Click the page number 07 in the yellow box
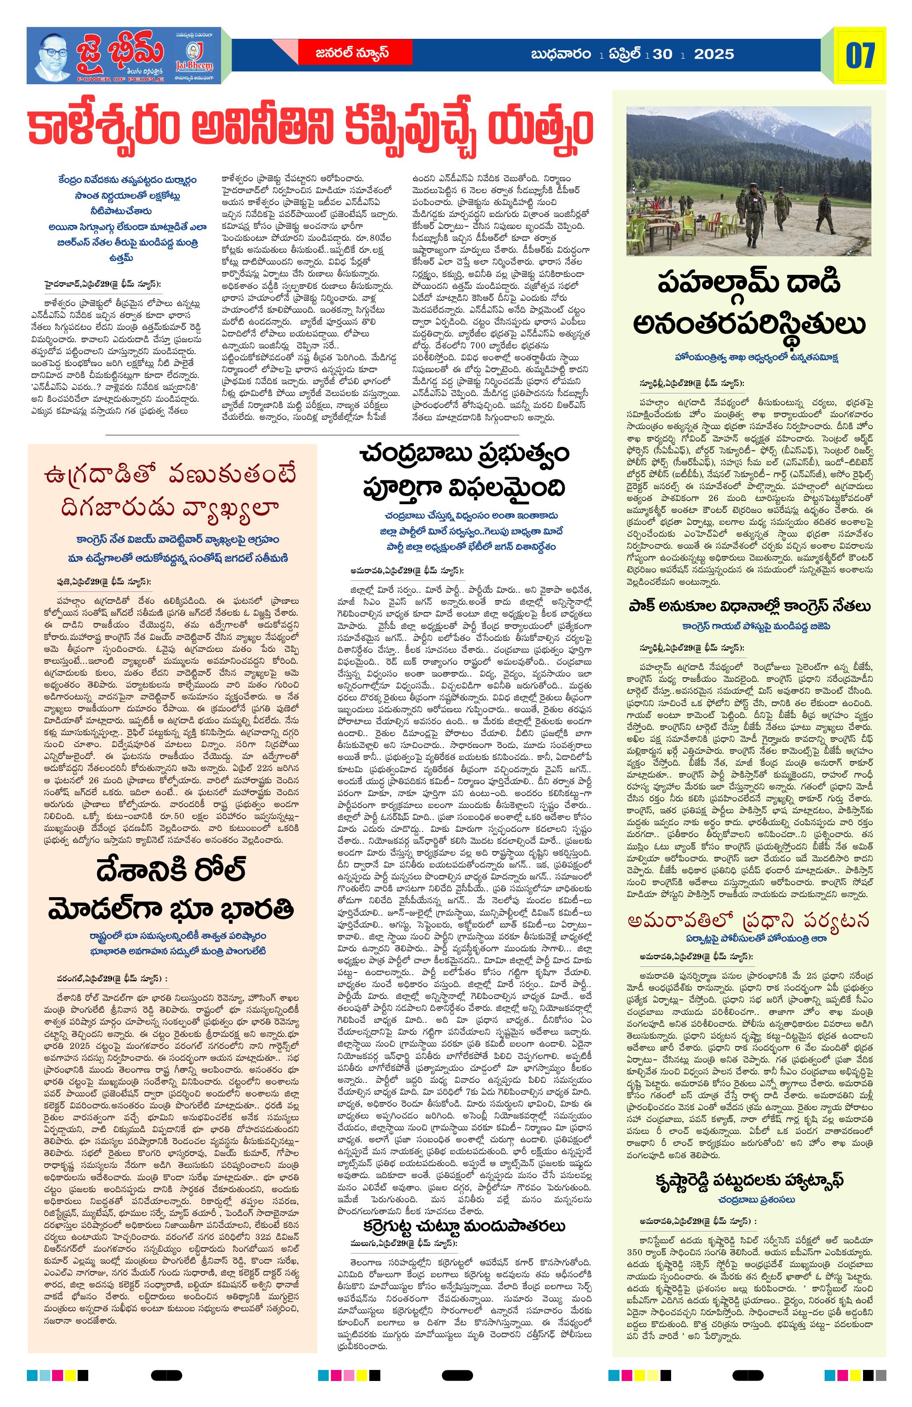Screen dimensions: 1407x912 859,55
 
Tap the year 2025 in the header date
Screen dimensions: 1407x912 714,54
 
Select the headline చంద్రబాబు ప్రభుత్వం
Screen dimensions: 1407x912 464,455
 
